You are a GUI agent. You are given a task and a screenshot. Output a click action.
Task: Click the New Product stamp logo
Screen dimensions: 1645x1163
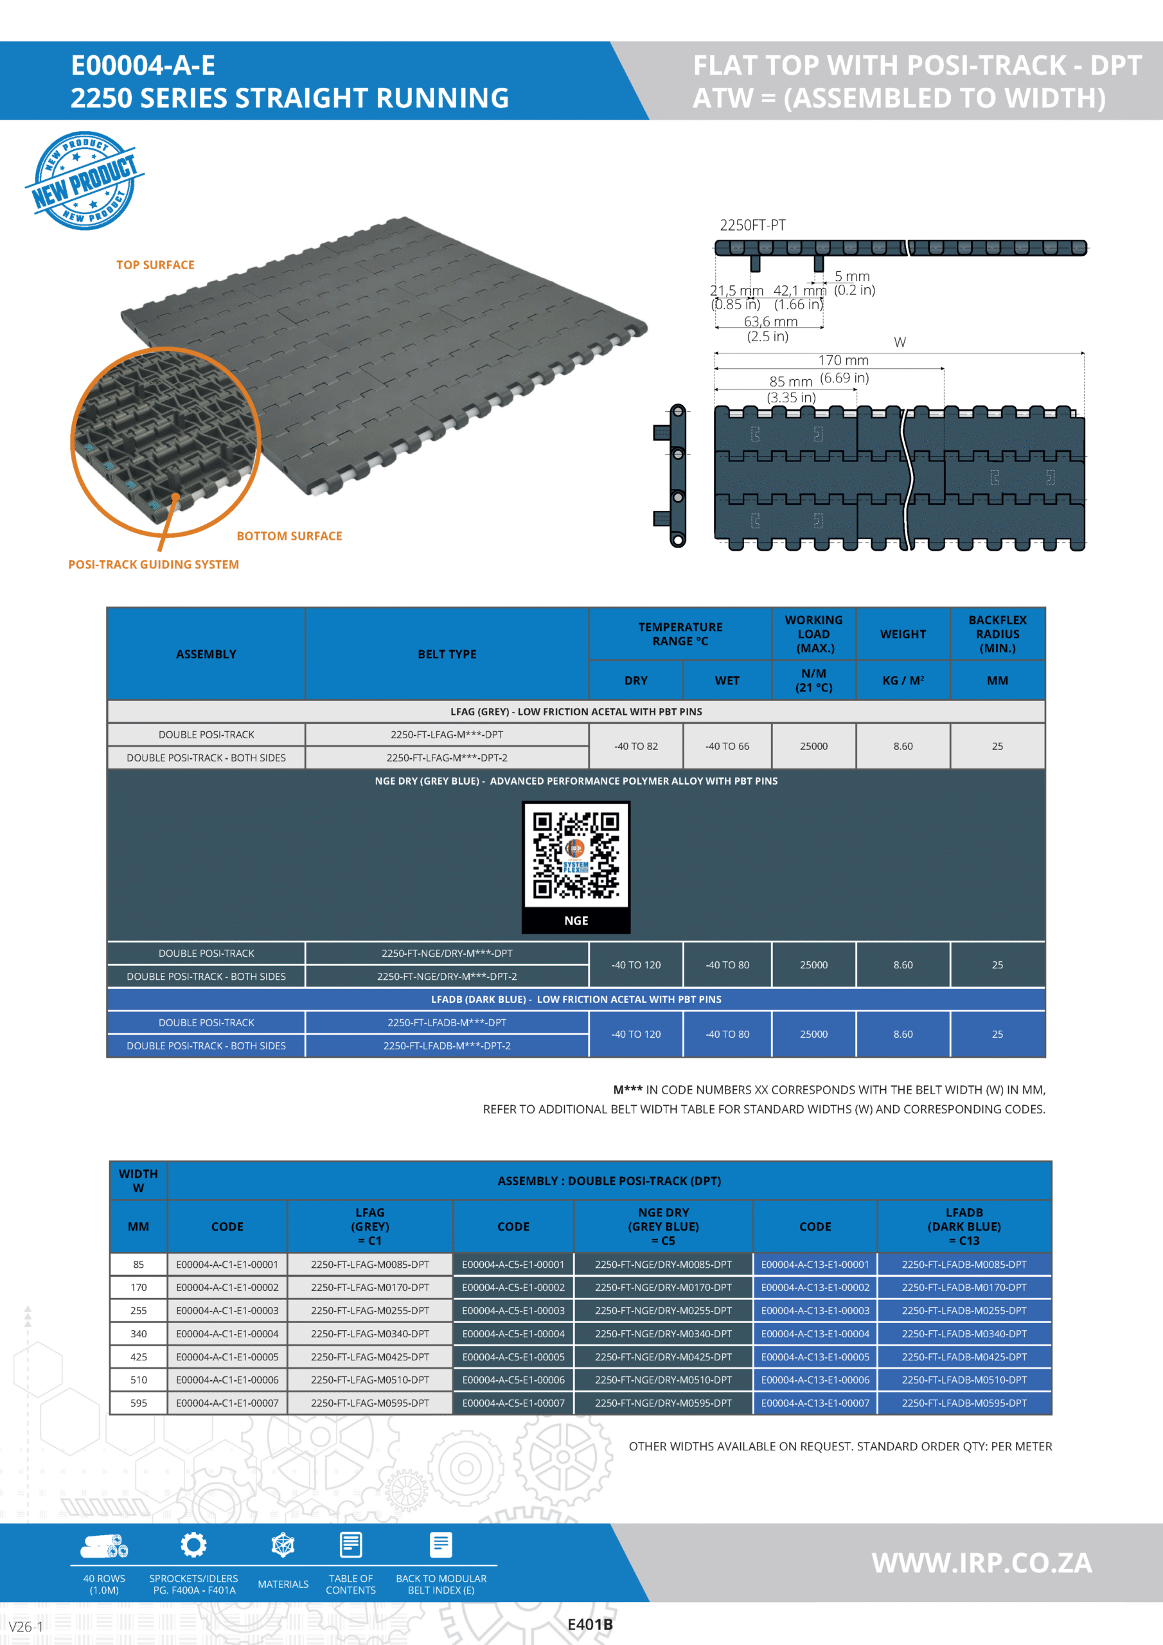tap(85, 181)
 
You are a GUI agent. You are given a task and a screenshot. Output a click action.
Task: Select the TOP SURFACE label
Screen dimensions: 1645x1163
tap(155, 265)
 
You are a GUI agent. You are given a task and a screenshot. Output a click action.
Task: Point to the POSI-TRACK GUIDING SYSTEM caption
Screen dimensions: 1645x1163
tap(154, 565)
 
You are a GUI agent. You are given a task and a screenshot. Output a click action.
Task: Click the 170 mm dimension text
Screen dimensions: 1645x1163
tap(844, 360)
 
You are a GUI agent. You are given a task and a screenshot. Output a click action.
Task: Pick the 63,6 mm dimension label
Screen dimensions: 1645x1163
tap(770, 322)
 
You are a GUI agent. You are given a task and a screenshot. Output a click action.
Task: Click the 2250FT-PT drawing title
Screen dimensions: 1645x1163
tap(752, 225)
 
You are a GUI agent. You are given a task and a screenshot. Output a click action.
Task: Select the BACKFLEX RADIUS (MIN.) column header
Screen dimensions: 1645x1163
tap(997, 634)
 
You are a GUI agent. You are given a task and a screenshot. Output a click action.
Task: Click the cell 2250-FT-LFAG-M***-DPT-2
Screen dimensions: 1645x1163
tap(447, 758)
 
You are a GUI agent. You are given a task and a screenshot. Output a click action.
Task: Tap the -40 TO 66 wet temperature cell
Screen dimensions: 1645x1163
tap(727, 747)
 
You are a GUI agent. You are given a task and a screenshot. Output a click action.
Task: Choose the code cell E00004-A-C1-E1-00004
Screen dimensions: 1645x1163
tap(227, 1334)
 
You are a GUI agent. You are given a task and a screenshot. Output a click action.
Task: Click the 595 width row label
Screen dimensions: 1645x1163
tap(138, 1403)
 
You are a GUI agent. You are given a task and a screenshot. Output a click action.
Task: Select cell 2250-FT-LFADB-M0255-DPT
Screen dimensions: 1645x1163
tap(964, 1310)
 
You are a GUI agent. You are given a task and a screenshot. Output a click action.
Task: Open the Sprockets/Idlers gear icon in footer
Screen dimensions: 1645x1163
tap(193, 1545)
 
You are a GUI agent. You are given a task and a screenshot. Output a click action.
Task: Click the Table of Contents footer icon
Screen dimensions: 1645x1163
tap(350, 1545)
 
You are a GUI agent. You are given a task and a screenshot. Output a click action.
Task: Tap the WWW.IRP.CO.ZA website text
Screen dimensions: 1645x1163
tap(981, 1563)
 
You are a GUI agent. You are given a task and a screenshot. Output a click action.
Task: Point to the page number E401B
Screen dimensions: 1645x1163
tap(590, 1624)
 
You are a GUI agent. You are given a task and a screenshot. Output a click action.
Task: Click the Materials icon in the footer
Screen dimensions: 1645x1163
tap(283, 1545)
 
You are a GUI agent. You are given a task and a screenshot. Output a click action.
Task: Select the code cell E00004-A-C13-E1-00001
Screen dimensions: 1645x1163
tap(815, 1265)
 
